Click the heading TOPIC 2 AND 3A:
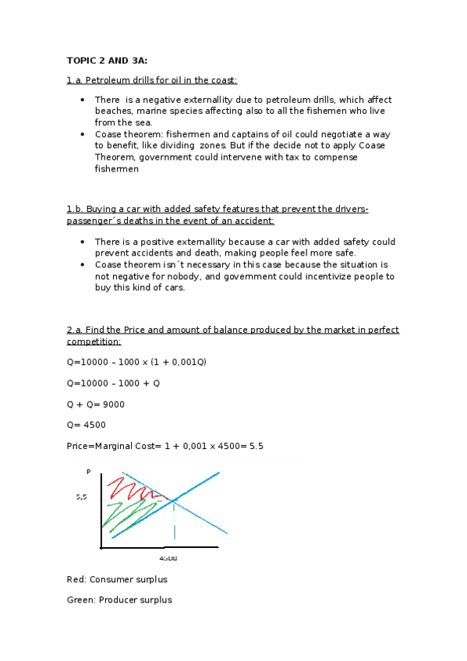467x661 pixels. click(106, 60)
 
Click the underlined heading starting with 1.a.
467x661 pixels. click(152, 80)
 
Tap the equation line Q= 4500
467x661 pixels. click(87, 425)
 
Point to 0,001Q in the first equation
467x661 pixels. click(186, 362)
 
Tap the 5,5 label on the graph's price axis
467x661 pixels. click(81, 497)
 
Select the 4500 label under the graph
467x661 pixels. click(168, 558)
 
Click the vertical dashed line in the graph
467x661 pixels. click(174, 521)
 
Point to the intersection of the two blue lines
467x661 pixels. click(174, 500)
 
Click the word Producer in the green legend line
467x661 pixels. click(115, 599)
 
